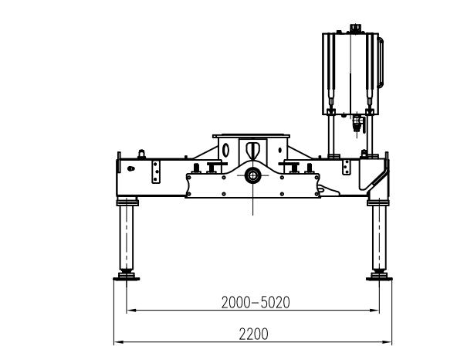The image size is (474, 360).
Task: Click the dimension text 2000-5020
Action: tap(256, 302)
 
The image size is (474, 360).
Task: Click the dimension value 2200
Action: tap(254, 335)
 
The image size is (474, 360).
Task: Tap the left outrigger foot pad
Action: tap(127, 277)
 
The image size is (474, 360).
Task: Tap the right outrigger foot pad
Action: tap(379, 277)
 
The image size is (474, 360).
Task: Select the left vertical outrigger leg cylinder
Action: tap(127, 237)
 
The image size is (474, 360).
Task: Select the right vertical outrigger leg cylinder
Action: tap(379, 237)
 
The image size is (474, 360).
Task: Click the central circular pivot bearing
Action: tap(252, 175)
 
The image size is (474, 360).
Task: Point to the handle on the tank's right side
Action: tap(381, 63)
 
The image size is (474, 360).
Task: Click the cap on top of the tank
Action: tap(356, 29)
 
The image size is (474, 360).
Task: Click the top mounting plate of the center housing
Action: tap(251, 136)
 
